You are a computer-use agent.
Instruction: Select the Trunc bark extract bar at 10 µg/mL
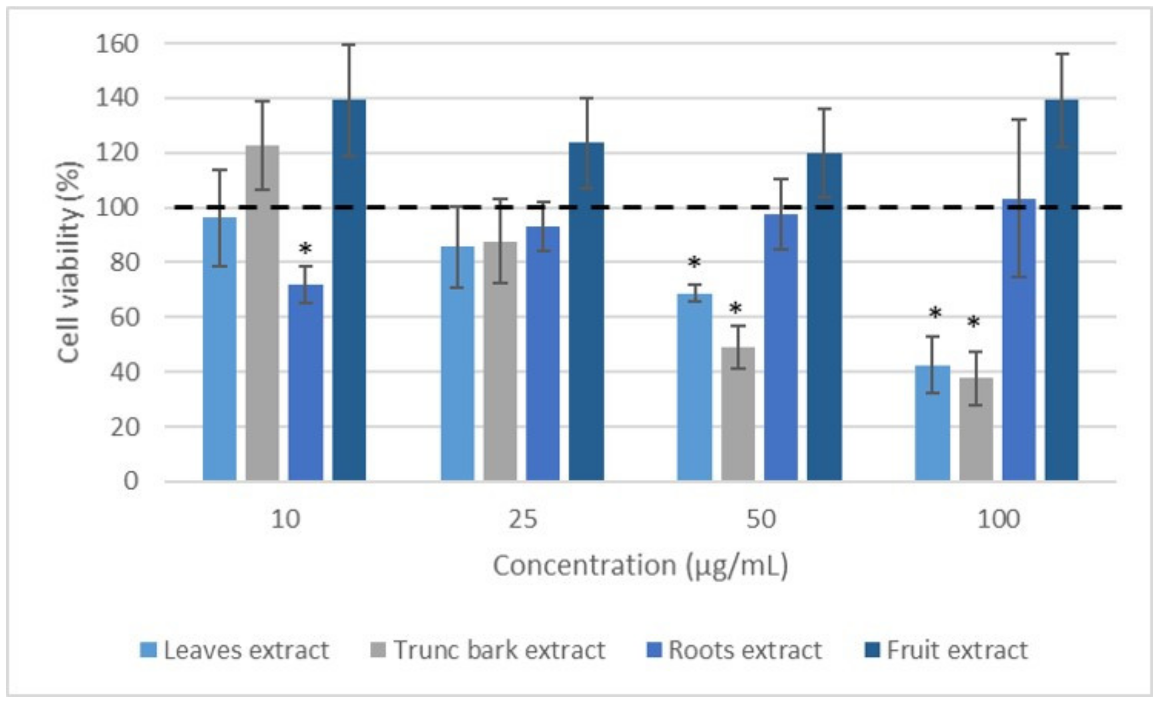(262, 313)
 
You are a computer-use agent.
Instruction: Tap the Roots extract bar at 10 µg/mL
(305, 382)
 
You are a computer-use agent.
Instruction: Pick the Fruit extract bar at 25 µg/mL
(586, 311)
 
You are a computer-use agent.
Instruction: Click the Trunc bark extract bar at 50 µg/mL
(738, 414)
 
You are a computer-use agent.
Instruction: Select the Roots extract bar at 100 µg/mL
(1019, 340)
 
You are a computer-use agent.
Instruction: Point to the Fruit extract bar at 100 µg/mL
(1062, 290)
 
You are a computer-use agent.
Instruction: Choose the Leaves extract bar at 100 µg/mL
(932, 423)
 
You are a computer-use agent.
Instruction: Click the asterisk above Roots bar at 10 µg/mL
(305, 249)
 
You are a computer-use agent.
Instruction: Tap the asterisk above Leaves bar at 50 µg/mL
(694, 262)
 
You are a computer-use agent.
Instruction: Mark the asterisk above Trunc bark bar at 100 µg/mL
(973, 323)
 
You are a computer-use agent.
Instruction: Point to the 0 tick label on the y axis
(131, 481)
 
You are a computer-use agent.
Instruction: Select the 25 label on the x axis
(523, 519)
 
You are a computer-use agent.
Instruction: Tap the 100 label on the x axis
(998, 519)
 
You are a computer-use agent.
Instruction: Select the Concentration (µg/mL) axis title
(640, 565)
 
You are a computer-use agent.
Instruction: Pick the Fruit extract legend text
(957, 650)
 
